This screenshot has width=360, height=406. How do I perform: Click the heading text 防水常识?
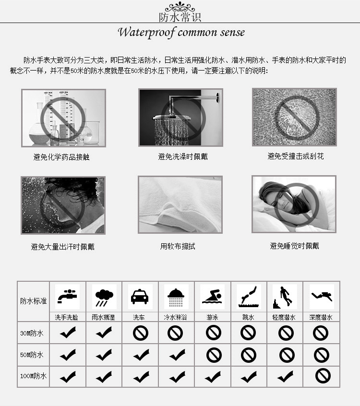pos(180,17)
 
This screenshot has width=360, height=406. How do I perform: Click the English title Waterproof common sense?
pos(181,33)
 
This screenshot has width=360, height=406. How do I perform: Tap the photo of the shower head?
pos(180,118)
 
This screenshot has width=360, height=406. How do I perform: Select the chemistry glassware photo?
pos(63,118)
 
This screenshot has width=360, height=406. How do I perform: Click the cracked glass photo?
pos(294,117)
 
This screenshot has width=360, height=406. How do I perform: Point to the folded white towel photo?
pos(180,204)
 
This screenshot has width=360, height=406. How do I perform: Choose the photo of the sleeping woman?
pos(294,204)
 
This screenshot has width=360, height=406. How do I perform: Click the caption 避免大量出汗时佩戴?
pos(63,247)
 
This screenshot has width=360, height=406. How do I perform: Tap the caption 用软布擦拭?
pos(178,247)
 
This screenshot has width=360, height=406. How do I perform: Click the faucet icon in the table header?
pos(67,297)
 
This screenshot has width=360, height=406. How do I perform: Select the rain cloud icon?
pos(103,297)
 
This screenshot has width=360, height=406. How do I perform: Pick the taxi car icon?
pos(140,297)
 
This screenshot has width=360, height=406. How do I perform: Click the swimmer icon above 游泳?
pos(213,297)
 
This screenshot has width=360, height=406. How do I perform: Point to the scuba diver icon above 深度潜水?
pos(321,297)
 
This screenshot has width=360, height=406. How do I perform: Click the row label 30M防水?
pos(32,333)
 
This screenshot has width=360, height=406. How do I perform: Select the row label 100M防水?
pos(33,376)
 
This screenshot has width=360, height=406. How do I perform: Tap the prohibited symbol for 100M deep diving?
pos(323,376)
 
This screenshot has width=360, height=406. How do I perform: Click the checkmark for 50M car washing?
pos(140,355)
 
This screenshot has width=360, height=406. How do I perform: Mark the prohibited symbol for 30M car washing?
pos(140,333)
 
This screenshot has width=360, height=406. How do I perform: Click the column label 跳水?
pos(249,317)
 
